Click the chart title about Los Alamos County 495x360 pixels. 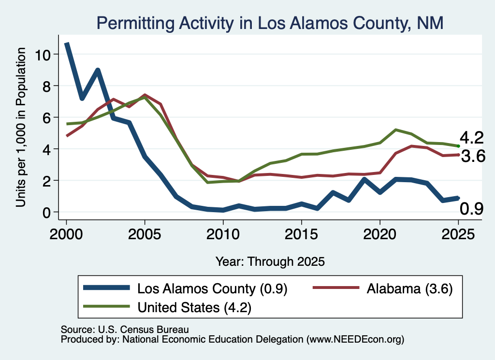[x=270, y=23]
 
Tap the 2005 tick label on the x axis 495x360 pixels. [x=145, y=234]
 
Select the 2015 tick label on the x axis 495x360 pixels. [x=302, y=234]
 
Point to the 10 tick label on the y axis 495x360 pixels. [x=43, y=55]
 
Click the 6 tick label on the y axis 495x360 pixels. [x=46, y=118]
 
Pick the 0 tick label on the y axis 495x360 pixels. [x=46, y=213]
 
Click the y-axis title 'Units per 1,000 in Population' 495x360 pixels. [x=21, y=127]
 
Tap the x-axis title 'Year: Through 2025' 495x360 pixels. [x=270, y=262]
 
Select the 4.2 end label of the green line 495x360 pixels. [x=472, y=138]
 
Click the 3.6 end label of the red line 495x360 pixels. [x=473, y=156]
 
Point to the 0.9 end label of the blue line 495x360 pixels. [x=472, y=209]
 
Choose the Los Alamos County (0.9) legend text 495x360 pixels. [x=212, y=289]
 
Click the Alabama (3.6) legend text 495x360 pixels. [x=409, y=289]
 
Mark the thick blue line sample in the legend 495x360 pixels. [x=106, y=288]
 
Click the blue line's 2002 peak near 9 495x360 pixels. [x=98, y=71]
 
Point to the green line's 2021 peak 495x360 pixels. [x=395, y=130]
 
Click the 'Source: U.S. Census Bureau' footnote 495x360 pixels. [x=125, y=330]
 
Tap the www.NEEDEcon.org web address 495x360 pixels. [x=355, y=340]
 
